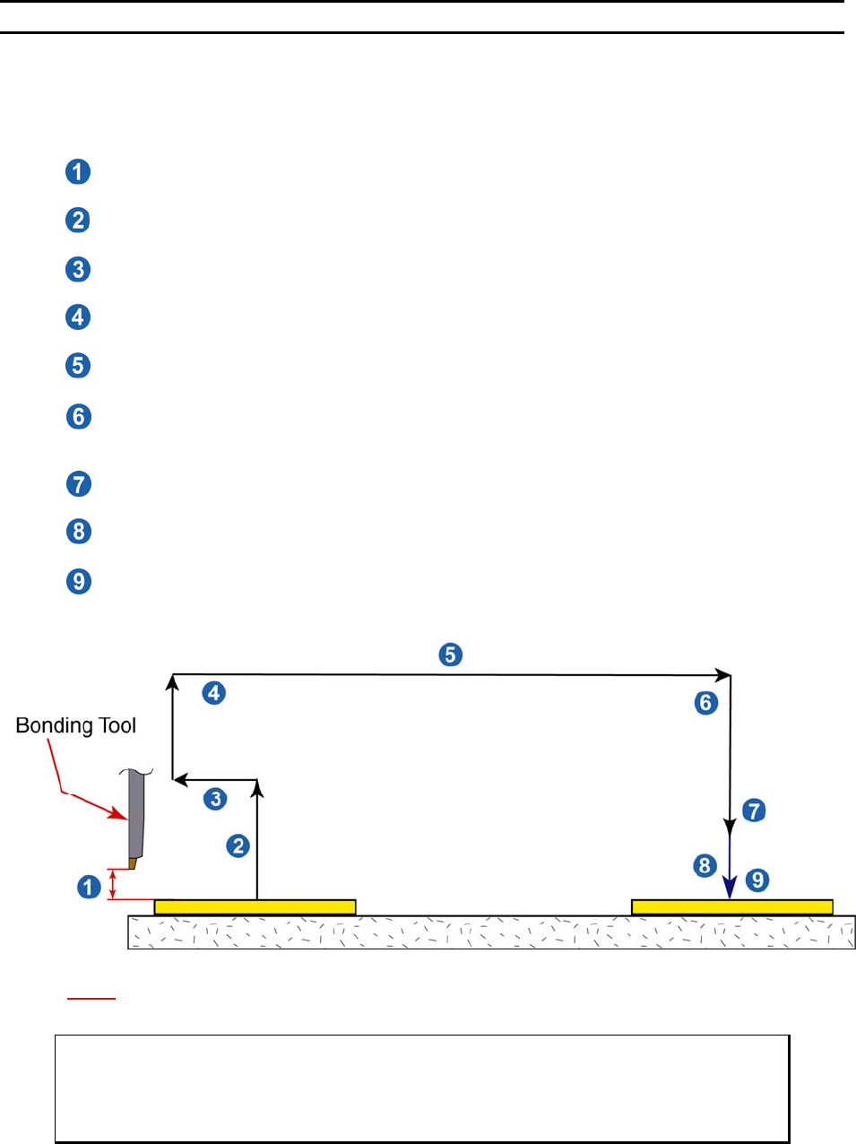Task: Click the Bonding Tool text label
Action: tap(76, 725)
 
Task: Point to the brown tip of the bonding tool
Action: tap(132, 863)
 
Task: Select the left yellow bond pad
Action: tap(255, 907)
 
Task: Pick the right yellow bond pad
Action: tap(731, 907)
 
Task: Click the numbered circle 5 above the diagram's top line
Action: tap(451, 654)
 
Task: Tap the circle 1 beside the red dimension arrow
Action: tap(89, 887)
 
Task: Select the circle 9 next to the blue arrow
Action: tap(757, 880)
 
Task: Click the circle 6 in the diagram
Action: tap(706, 703)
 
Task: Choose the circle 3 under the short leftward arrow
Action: tap(215, 799)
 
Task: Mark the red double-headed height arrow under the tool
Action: tap(112, 884)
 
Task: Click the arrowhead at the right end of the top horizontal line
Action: tap(722, 675)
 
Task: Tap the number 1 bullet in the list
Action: tap(78, 171)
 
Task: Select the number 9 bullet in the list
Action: tap(79, 581)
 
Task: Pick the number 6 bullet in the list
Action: tap(79, 417)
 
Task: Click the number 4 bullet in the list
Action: tap(78, 316)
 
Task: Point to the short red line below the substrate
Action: tap(91, 997)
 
